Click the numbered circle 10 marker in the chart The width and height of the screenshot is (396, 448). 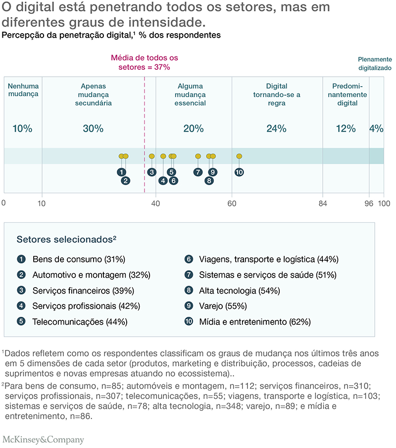239,172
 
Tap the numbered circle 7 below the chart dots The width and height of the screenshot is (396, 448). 198,172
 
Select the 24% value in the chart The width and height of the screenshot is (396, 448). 276,129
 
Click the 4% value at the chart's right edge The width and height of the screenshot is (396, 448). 376,129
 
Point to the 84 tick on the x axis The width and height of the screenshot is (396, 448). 323,203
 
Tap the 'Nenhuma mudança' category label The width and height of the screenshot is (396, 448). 23,90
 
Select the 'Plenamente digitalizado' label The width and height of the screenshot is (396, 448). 375,63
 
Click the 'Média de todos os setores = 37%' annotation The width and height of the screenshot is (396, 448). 144,62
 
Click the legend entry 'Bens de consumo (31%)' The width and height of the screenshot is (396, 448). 79,259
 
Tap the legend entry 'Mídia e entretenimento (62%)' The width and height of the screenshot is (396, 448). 254,322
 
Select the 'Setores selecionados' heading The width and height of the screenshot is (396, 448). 66,239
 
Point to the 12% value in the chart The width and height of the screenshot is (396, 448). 346,129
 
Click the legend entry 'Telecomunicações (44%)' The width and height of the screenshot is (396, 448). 80,322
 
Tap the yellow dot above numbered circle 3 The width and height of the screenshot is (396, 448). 152,156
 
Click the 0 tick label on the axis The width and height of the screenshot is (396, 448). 3,203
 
